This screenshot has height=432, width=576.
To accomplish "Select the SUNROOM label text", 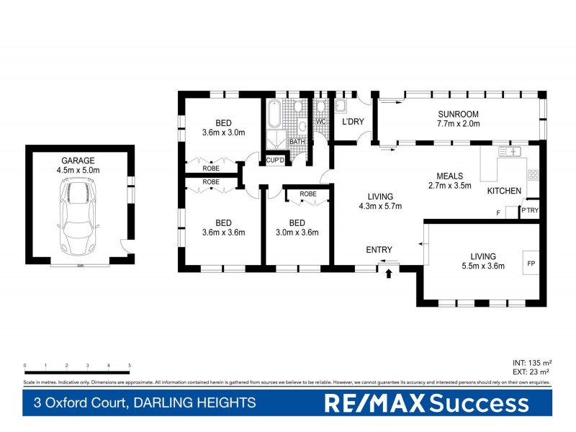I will click(458, 114).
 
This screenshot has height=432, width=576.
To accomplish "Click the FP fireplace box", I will click(531, 264).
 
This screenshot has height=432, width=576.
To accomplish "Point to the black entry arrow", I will click(389, 273).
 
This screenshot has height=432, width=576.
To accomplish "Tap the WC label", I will click(321, 122).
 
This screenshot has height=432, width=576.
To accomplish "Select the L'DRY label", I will click(353, 122).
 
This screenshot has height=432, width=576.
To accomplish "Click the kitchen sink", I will click(512, 152).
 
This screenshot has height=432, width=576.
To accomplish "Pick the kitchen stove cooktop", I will click(534, 175).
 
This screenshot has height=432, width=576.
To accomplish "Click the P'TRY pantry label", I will click(530, 210).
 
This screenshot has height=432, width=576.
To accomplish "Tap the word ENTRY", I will click(379, 250).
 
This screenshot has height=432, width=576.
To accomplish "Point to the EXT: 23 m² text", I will click(531, 372).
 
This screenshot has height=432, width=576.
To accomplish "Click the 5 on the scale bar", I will click(130, 366).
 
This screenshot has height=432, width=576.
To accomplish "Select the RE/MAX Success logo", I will click(426, 403).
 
